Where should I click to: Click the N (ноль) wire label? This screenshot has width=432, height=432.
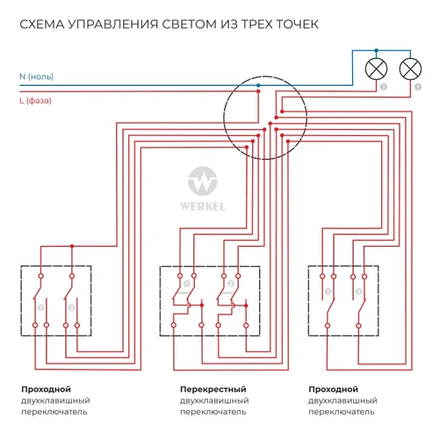[36, 77]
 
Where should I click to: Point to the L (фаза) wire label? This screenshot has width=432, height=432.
[36, 99]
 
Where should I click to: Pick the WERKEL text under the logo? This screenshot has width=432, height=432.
[205, 209]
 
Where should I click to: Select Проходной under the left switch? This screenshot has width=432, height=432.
[46, 388]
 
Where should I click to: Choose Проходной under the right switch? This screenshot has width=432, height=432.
[333, 388]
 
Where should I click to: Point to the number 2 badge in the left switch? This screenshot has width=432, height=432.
[71, 307]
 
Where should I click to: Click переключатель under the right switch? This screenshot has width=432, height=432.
[342, 411]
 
